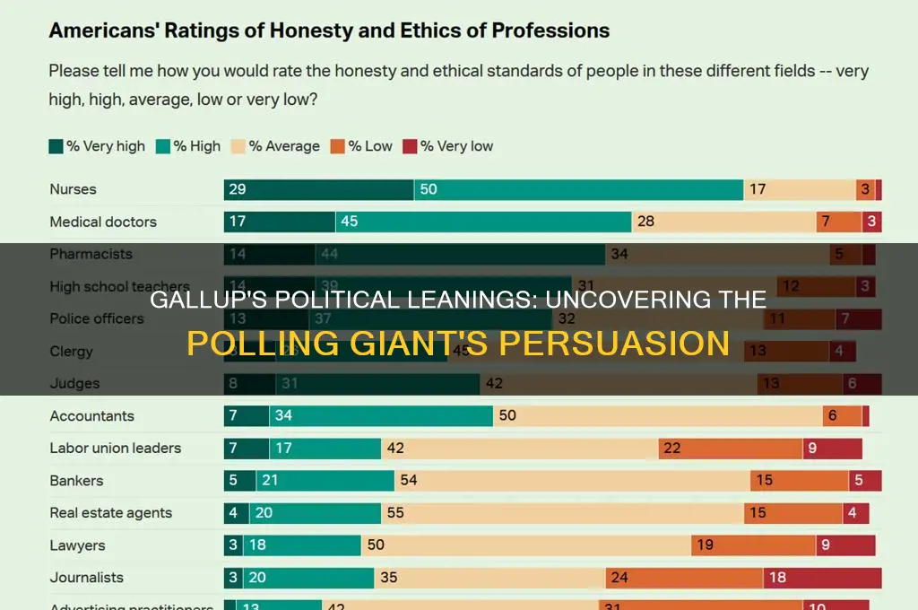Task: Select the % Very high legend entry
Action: pos(97,146)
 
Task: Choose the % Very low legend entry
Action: pos(448,146)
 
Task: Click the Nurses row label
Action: pos(73,189)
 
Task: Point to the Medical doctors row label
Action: pos(103,222)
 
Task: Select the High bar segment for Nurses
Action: pos(578,189)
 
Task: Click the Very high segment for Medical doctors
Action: pos(280,222)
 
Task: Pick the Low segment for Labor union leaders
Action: pos(731,449)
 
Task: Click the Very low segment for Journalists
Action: pos(822,578)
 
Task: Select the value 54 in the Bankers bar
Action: pos(409,481)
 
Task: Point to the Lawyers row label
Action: pos(77,545)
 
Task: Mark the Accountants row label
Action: pos(91,416)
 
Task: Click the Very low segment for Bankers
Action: pos(865,481)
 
